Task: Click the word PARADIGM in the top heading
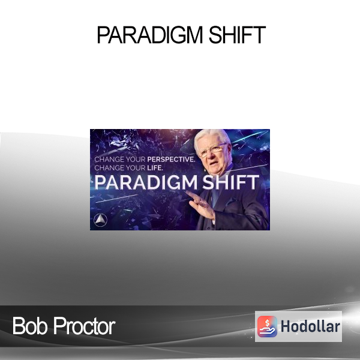coord(150,35)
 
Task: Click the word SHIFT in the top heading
coord(237,35)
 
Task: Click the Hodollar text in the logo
coord(310,326)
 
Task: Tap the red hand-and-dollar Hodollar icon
coord(267,326)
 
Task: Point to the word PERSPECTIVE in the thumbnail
coord(171,159)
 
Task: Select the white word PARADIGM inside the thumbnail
coord(146,182)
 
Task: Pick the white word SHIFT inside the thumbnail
coord(230,182)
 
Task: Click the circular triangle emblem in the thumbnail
coord(101,220)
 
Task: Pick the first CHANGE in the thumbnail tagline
coord(107,159)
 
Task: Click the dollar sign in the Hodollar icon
coord(267,323)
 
